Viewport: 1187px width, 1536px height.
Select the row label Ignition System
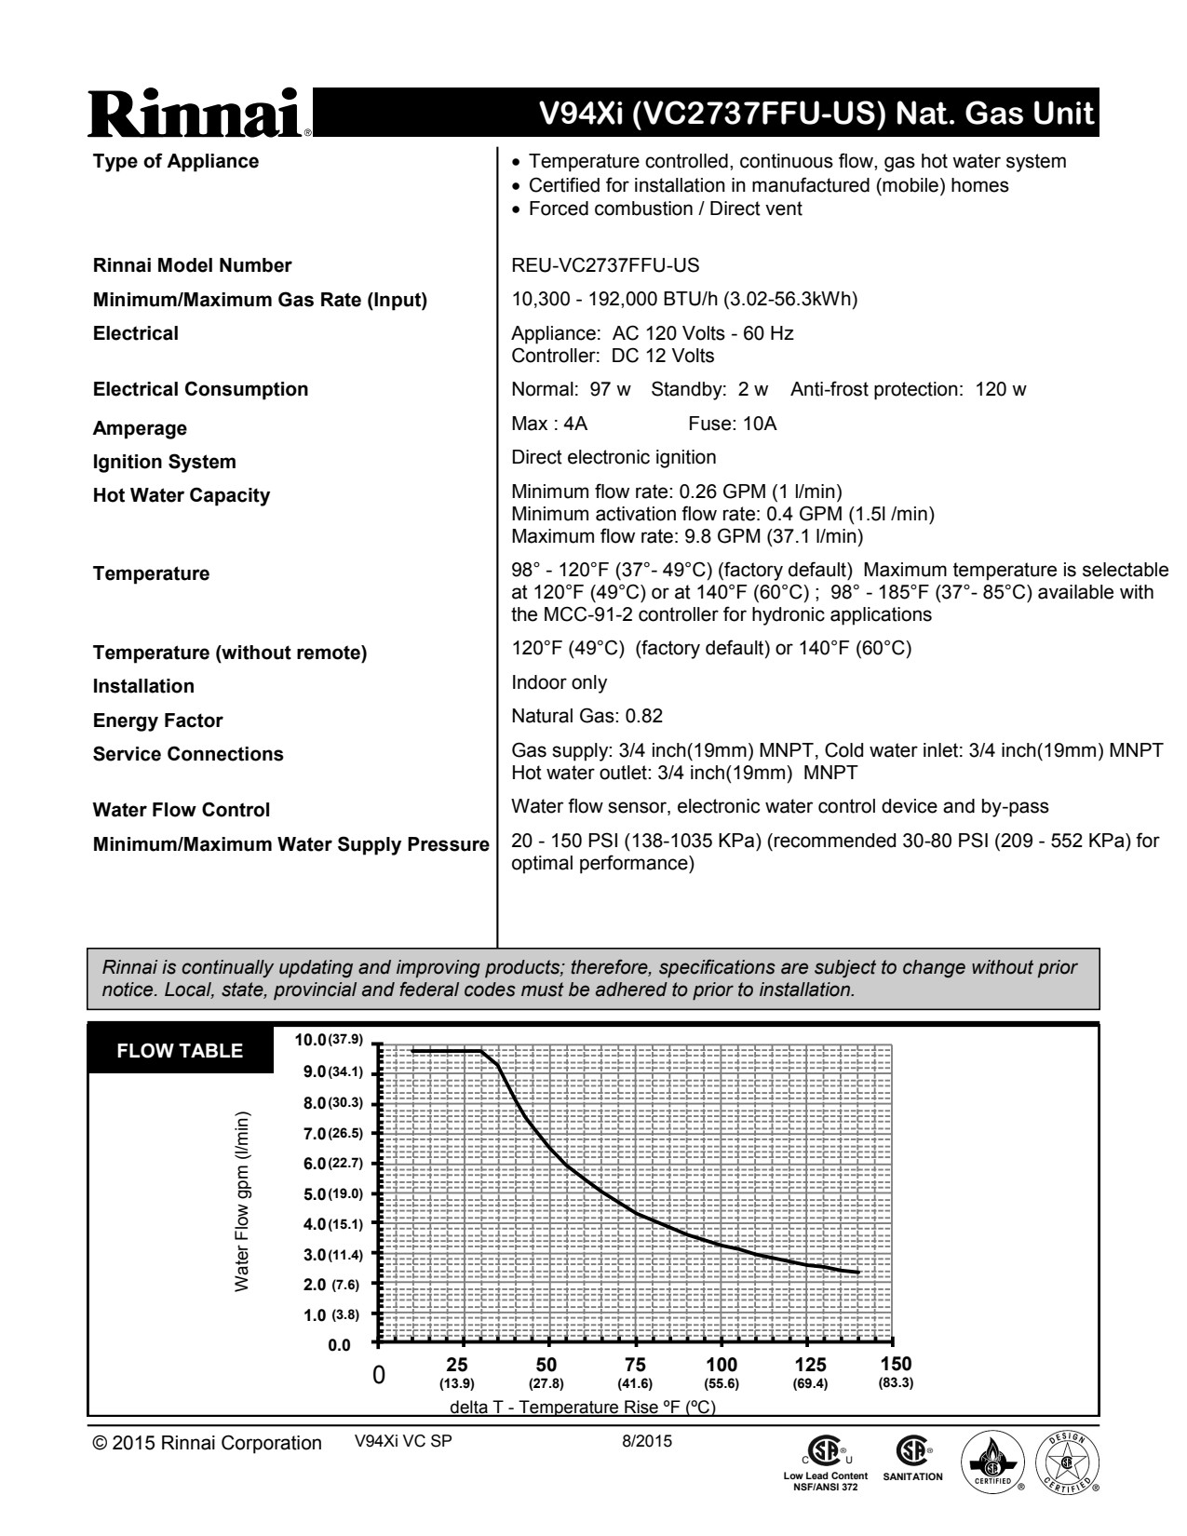165,462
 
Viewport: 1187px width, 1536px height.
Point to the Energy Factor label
157,721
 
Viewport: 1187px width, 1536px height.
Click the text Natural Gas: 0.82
587,716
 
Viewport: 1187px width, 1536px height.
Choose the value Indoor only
559,682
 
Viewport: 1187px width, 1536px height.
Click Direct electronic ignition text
614,457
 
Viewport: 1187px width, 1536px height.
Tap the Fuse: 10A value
732,424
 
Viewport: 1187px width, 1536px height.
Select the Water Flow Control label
182,810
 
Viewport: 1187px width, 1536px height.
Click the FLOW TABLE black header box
180,1051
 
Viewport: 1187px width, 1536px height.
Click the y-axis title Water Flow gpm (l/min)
242,1201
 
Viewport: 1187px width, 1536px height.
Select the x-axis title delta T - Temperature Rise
583,1407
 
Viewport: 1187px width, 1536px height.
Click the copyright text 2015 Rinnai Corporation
207,1443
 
